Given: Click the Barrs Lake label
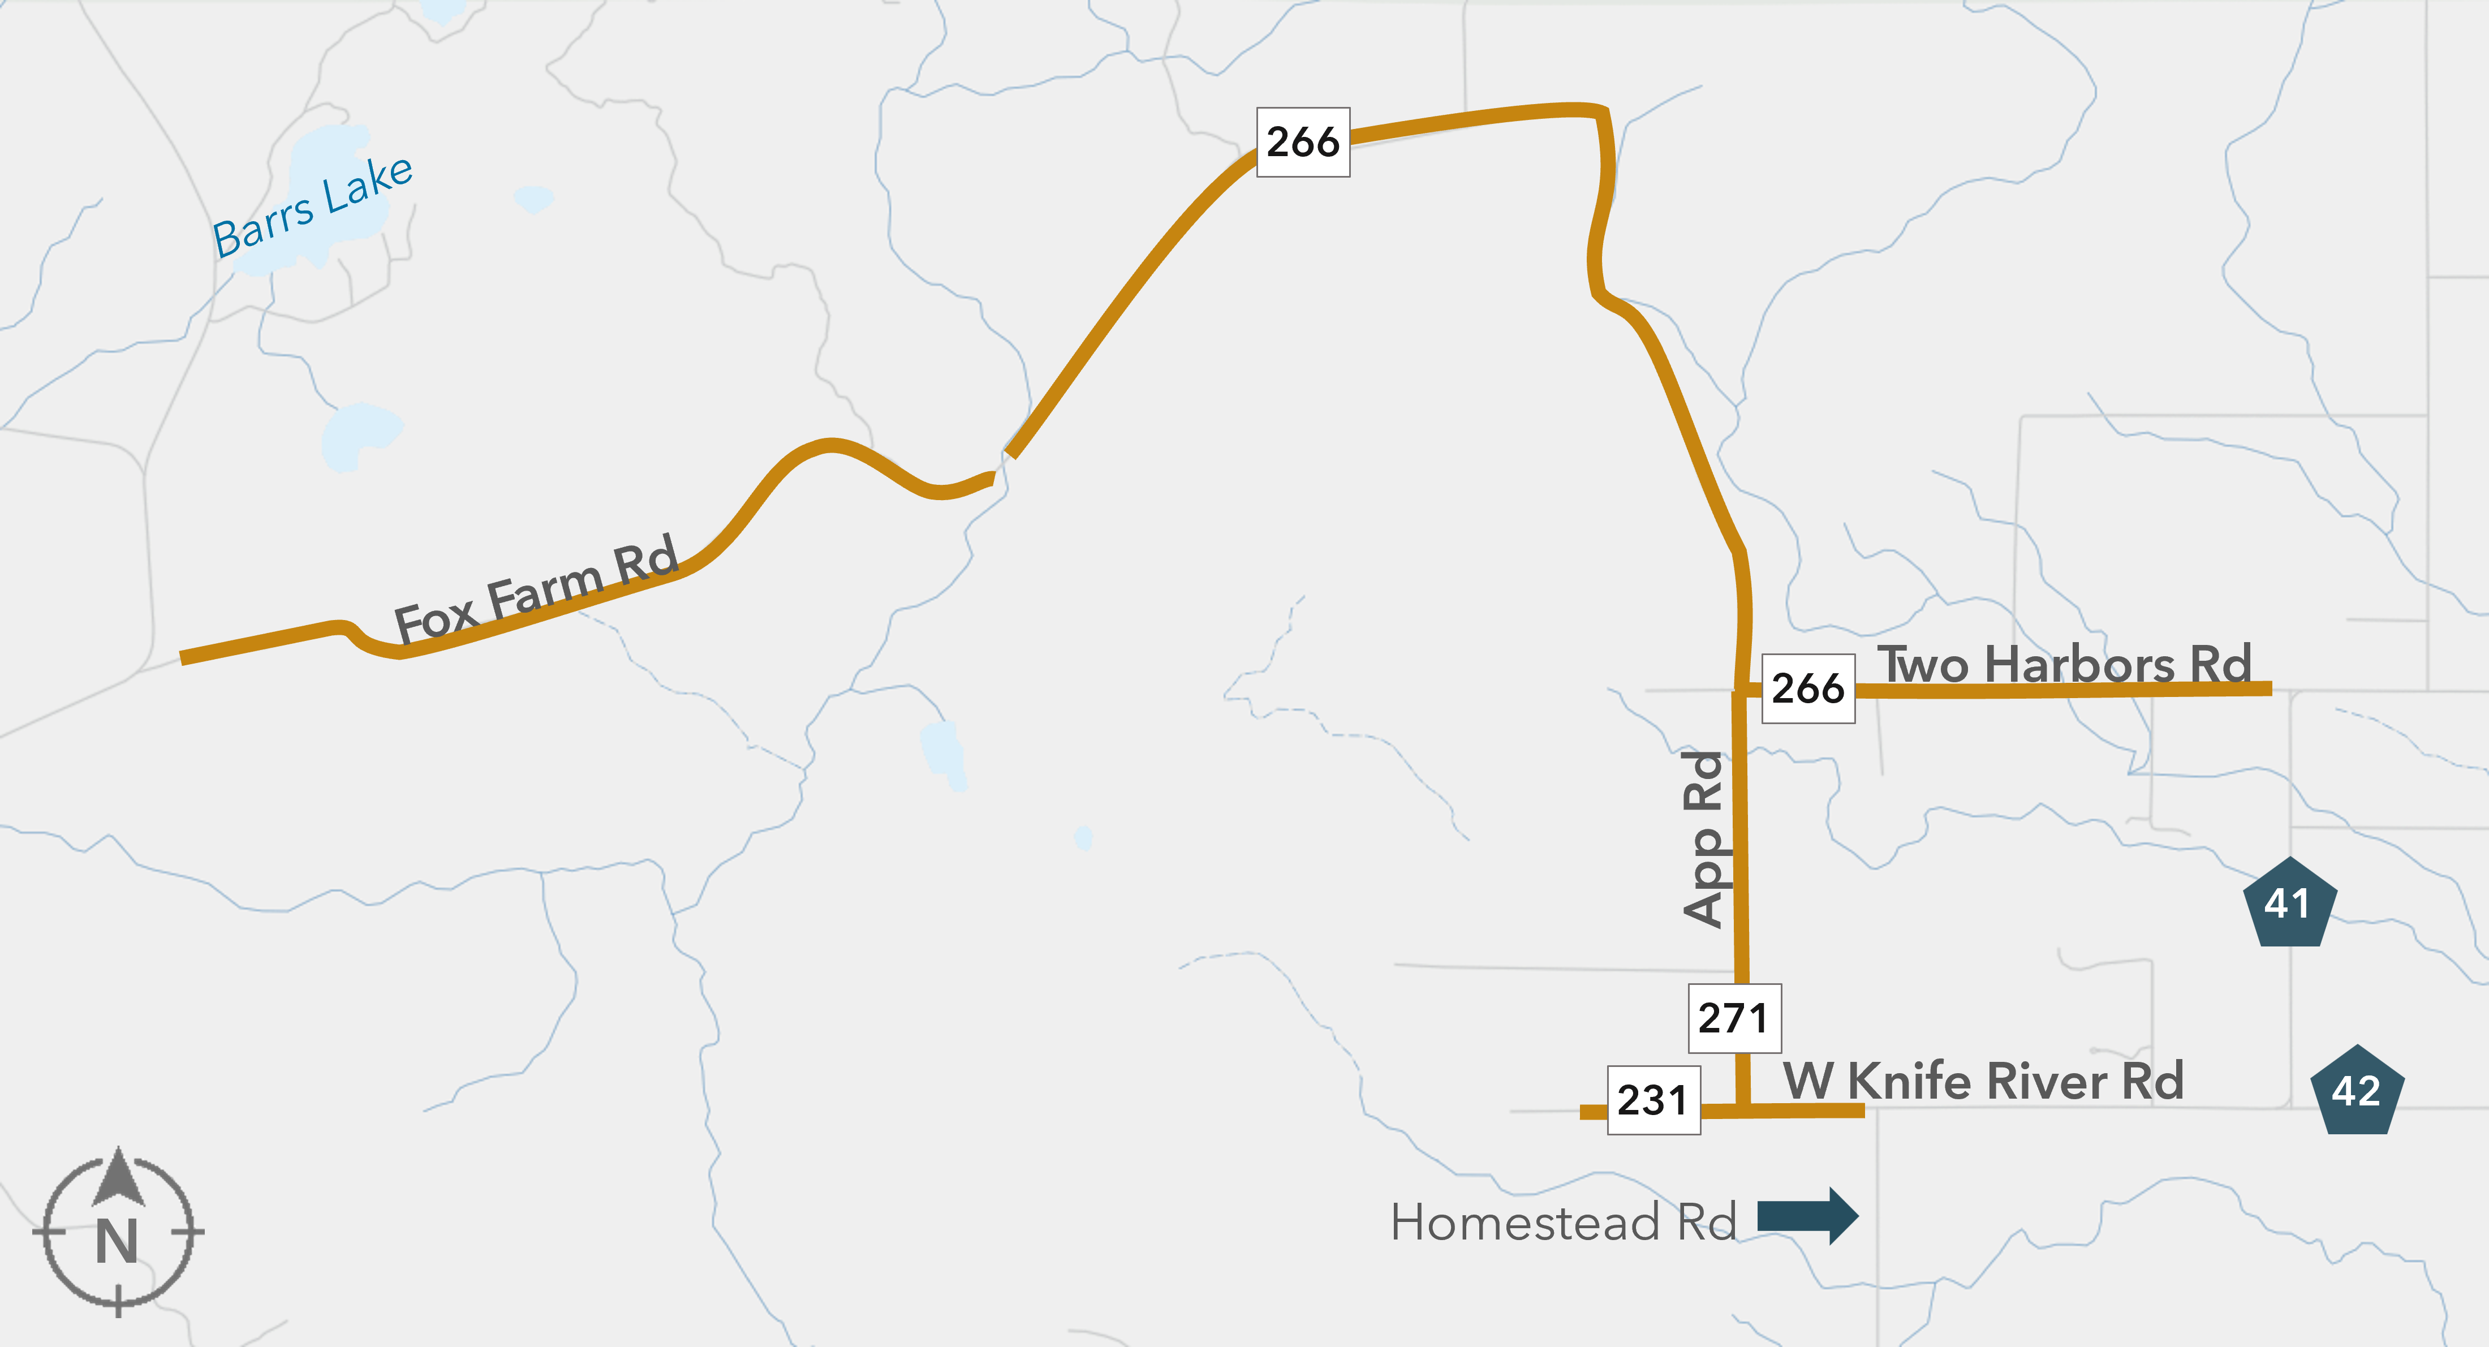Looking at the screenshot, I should pyautogui.click(x=313, y=208).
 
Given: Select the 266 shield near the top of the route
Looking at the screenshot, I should pyautogui.click(x=1302, y=142).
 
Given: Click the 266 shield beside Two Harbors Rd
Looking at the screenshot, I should pyautogui.click(x=1808, y=688).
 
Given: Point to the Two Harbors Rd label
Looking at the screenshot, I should pyautogui.click(x=2064, y=665).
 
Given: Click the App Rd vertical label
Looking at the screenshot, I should pyautogui.click(x=1704, y=839).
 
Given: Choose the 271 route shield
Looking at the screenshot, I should pyautogui.click(x=1733, y=1018).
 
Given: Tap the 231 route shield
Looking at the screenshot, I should pyautogui.click(x=1653, y=1100).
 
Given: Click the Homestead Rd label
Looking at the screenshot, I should pyautogui.click(x=1562, y=1223).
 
